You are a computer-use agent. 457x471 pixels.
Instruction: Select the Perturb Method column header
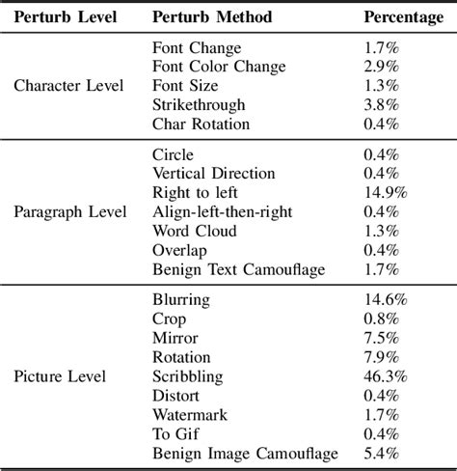[212, 17]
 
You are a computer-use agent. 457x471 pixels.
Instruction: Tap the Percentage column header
[403, 17]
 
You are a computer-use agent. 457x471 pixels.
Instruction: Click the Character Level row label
[69, 85]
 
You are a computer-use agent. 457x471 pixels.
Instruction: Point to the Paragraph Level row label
[70, 211]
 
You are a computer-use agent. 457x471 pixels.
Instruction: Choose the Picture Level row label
[61, 376]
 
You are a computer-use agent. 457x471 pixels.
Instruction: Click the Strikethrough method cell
[199, 104]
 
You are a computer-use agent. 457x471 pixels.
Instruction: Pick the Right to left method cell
[195, 192]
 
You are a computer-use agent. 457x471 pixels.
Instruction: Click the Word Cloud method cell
[193, 231]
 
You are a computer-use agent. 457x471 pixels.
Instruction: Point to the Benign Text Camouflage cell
[239, 269]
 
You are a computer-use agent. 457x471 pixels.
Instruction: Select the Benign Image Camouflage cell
[245, 454]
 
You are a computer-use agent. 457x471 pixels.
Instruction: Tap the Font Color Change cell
[219, 66]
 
